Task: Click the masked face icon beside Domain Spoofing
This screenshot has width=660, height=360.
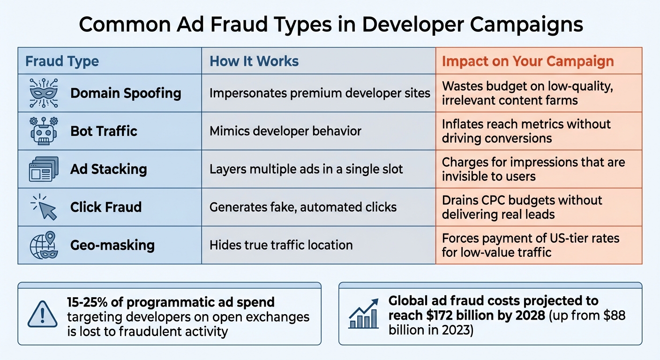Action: coord(43,93)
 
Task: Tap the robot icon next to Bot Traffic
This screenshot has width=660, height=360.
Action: coord(43,131)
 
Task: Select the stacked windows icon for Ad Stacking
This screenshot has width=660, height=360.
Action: coord(43,169)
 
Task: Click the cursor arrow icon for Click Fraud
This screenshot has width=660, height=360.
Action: coord(45,207)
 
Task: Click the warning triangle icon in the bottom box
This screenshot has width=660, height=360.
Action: coord(43,314)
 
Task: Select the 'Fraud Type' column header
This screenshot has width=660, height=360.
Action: coord(62,61)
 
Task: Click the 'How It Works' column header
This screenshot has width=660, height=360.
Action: coord(254,61)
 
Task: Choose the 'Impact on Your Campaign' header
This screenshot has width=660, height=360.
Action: coord(528,61)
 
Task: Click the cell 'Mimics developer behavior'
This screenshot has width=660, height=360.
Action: coord(285,131)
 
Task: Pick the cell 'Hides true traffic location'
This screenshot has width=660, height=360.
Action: coord(281,245)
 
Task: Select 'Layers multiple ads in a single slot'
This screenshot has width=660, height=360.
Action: coord(306,169)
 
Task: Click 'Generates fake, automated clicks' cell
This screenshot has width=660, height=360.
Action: coord(303,207)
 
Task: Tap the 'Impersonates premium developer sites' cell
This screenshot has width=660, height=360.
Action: coord(320,93)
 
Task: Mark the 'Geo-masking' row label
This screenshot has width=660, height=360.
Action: coord(112,245)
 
